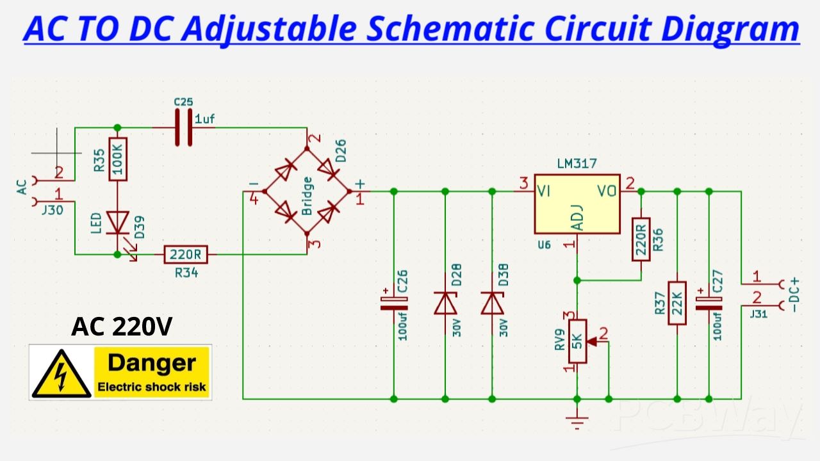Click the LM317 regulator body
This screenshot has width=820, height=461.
(577, 204)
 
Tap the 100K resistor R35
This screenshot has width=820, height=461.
(118, 159)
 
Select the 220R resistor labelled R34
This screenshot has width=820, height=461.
(185, 255)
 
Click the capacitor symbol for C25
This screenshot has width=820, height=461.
(184, 127)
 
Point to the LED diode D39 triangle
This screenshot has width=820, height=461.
(118, 223)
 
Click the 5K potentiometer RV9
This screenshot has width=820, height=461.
(577, 341)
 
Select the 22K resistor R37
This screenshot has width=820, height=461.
(677, 303)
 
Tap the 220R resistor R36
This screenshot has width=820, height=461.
(641, 239)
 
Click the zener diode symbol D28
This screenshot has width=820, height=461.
(445, 303)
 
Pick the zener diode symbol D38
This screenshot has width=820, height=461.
(493, 303)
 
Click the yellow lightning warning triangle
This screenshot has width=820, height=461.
(61, 374)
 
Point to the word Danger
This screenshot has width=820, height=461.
(152, 363)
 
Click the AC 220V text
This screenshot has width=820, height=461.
(122, 327)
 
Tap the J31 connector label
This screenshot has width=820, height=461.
(758, 313)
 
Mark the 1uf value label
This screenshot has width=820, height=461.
(204, 119)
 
